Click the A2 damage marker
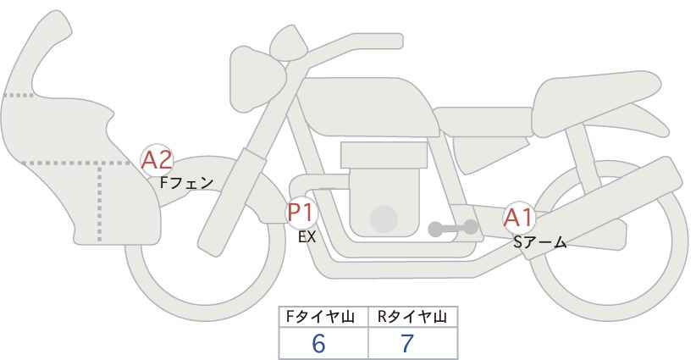coord(157,160)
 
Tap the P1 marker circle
coord(301,212)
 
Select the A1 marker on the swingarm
coord(518,218)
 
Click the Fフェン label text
coord(186,183)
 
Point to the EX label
coord(307,237)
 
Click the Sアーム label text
coord(539,242)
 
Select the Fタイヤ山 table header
coord(320,317)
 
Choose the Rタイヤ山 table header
coord(412,317)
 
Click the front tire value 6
coord(318,343)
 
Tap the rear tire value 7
coord(407,343)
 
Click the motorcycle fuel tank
coord(366,107)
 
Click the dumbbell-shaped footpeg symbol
coord(453,229)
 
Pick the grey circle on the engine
coord(384,219)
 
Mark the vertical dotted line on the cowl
coord(99,202)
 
